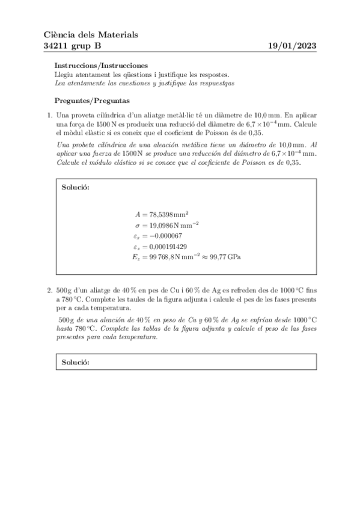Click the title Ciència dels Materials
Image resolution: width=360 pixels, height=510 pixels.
(91, 35)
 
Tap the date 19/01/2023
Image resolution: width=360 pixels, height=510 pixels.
(292, 46)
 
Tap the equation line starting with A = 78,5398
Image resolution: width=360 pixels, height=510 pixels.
(162, 214)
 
